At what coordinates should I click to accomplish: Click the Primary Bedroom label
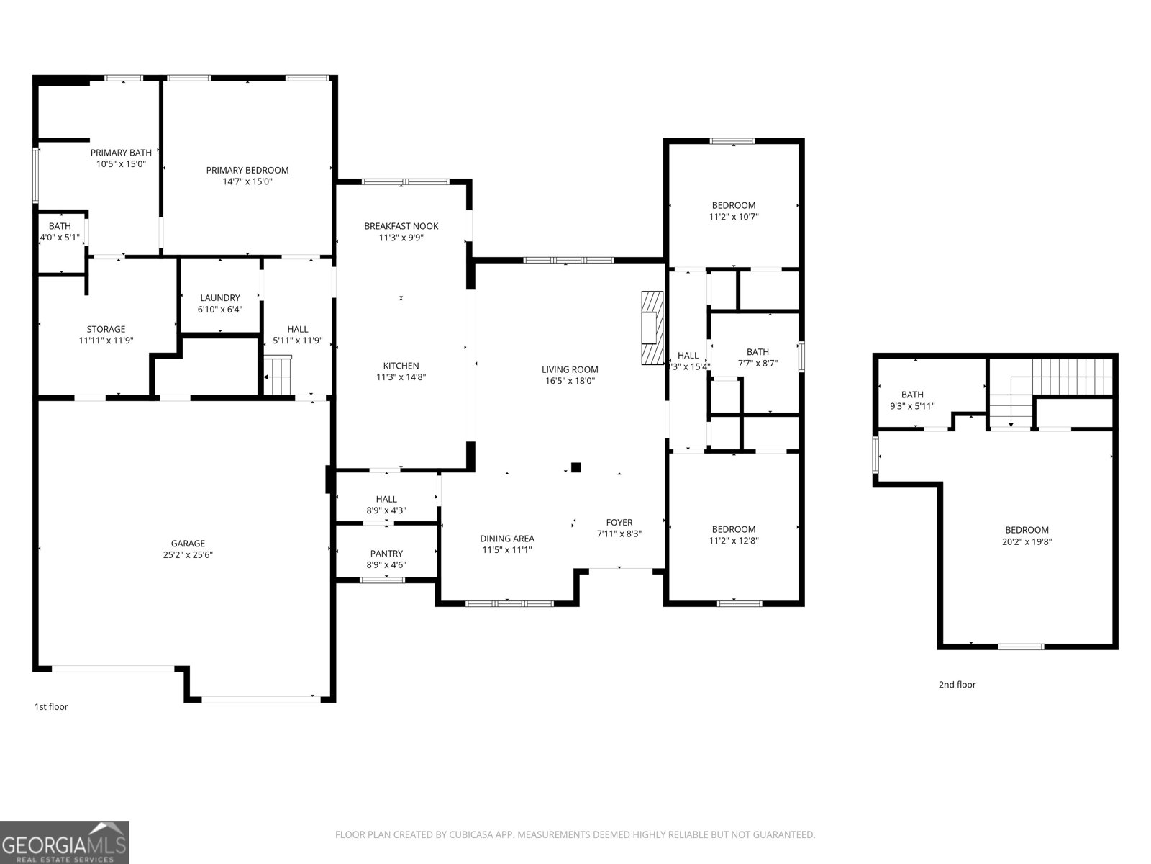pyautogui.click(x=247, y=171)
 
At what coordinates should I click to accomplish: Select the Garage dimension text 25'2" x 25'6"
pyautogui.click(x=188, y=555)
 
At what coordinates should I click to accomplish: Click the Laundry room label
pyautogui.click(x=220, y=298)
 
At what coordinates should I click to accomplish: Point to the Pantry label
pyautogui.click(x=386, y=554)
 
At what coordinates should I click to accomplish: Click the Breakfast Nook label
pyautogui.click(x=401, y=226)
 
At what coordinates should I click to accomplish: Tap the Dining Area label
pyautogui.click(x=507, y=539)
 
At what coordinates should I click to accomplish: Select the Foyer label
pyautogui.click(x=619, y=523)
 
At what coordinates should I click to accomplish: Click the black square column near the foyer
pyautogui.click(x=575, y=467)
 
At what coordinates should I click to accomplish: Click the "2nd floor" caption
pyautogui.click(x=957, y=685)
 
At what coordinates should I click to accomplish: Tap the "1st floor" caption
pyautogui.click(x=51, y=707)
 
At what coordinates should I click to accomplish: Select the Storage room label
pyautogui.click(x=106, y=330)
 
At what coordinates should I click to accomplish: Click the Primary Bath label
pyautogui.click(x=121, y=153)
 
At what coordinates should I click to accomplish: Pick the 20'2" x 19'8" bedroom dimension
pyautogui.click(x=1027, y=541)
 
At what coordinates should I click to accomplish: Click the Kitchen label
pyautogui.click(x=401, y=366)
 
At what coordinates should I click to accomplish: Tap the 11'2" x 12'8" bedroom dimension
pyautogui.click(x=734, y=541)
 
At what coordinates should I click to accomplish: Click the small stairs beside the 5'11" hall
pyautogui.click(x=278, y=375)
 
